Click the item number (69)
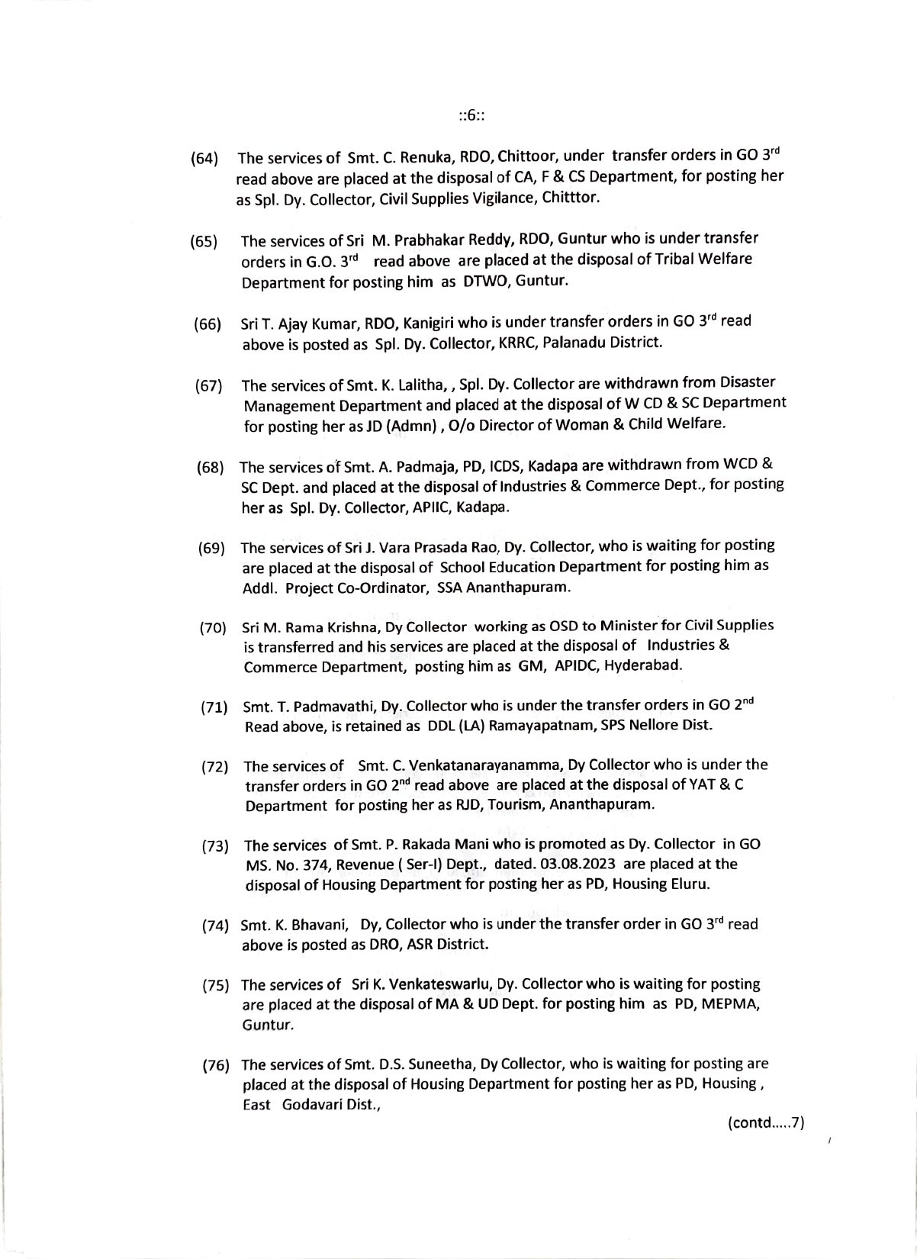[x=211, y=549]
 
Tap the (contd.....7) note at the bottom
[x=766, y=1123]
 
